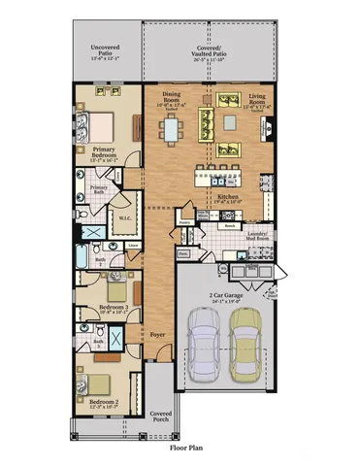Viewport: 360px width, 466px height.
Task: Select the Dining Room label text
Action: [171, 98]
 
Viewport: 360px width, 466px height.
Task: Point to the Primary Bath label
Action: [99, 188]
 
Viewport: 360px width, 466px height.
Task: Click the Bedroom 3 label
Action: [113, 310]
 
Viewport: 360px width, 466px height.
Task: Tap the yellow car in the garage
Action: [245, 346]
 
